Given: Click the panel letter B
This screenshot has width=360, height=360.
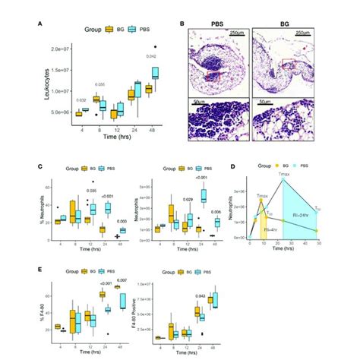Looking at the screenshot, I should click(x=182, y=23).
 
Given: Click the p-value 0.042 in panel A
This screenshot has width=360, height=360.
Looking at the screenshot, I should click(x=152, y=57).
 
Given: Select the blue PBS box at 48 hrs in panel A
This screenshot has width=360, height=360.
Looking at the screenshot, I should click(x=156, y=73).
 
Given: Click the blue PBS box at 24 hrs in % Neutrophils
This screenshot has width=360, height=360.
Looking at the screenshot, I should click(x=107, y=207).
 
